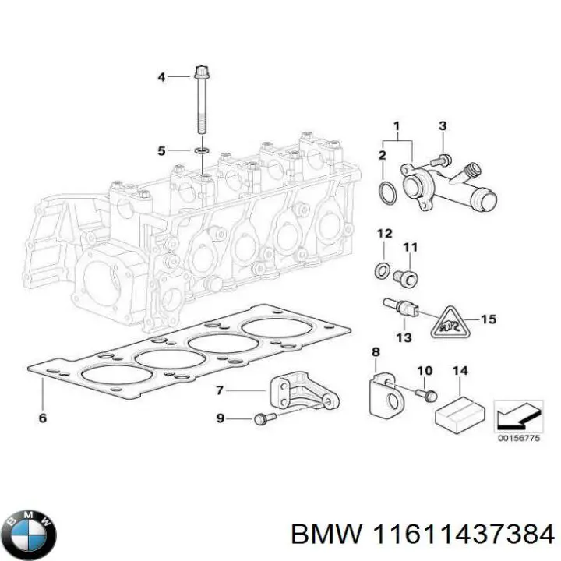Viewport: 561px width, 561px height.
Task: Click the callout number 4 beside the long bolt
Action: (162, 76)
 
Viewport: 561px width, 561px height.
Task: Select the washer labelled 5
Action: (201, 149)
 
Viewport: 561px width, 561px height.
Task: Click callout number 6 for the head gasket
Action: (43, 418)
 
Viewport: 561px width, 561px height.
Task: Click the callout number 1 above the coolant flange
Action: (396, 125)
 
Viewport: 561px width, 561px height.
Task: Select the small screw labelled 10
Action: (428, 395)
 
